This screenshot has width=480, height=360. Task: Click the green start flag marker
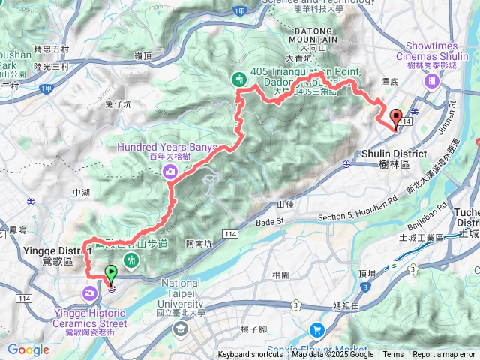(x=111, y=273)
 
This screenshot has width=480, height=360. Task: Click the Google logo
(x=28, y=349)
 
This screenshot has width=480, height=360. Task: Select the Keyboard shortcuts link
(x=250, y=355)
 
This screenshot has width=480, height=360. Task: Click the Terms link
(x=393, y=355)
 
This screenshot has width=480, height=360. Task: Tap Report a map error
(x=445, y=355)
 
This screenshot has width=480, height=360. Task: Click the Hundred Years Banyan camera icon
(x=170, y=172)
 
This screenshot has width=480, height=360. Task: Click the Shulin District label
(x=394, y=158)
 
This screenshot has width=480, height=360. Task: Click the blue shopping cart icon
(x=316, y=328)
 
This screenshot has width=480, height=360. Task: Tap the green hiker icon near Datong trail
(x=239, y=77)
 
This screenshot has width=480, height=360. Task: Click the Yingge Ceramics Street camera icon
(x=89, y=292)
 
